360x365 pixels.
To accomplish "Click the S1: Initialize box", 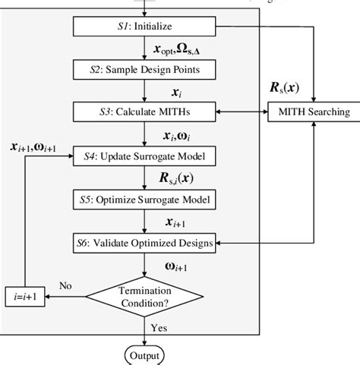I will [x=144, y=27].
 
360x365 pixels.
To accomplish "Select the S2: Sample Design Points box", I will [x=144, y=70].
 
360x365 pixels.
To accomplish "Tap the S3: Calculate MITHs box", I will [x=144, y=112].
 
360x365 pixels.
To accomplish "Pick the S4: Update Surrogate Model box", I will [x=144, y=157].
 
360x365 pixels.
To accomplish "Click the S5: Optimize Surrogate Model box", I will [x=144, y=200].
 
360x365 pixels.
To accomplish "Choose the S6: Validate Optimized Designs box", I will [x=144, y=243].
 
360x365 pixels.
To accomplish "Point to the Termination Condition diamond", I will [x=144, y=294].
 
